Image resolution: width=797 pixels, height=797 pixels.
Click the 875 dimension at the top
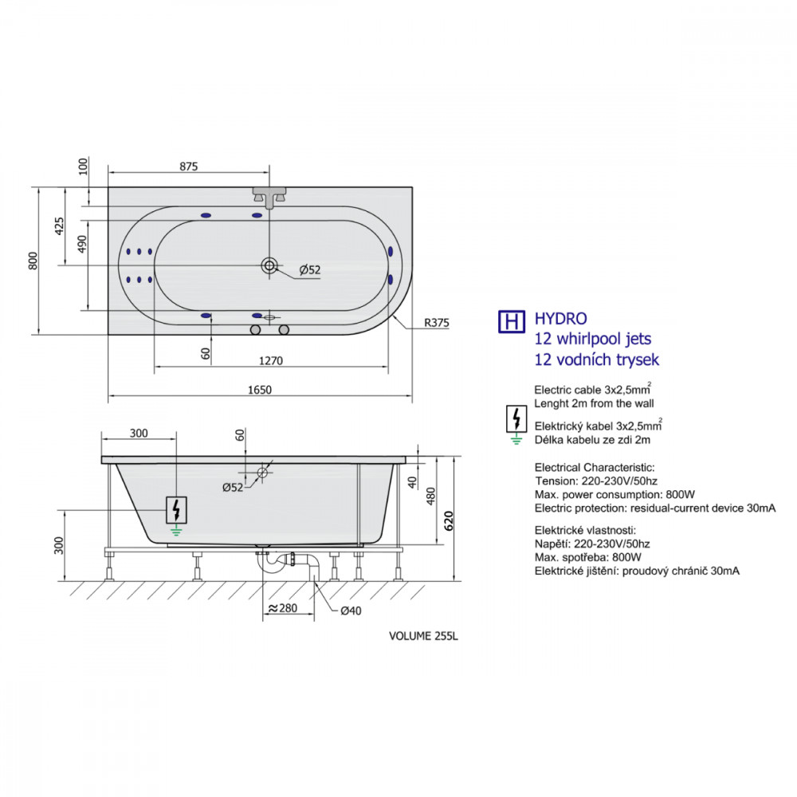tap(189, 167)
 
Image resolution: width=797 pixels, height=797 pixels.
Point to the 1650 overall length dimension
tap(260, 390)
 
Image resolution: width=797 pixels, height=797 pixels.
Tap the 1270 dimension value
tap(271, 361)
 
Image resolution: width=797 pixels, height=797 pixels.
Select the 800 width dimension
tap(33, 261)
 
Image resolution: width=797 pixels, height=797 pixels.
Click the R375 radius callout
tap(437, 323)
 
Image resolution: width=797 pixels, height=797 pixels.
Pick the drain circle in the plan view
tap(269, 265)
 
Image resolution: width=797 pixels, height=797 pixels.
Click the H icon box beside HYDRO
tap(512, 322)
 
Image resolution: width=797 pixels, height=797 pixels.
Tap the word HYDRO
tap(560, 319)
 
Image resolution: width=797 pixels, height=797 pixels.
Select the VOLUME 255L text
tap(423, 636)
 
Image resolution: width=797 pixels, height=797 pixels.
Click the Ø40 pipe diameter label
tap(351, 611)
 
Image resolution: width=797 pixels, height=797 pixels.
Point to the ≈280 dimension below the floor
tap(283, 608)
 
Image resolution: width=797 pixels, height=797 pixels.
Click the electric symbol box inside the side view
tap(176, 510)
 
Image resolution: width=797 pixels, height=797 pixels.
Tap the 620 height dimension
tap(449, 521)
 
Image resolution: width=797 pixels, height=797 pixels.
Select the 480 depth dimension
tap(431, 496)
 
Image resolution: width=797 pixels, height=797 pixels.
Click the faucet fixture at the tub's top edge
tap(269, 197)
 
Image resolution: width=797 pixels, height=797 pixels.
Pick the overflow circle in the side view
tap(262, 473)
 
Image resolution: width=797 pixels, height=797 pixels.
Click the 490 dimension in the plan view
tap(82, 244)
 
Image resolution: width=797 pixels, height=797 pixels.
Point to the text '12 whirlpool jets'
tap(593, 339)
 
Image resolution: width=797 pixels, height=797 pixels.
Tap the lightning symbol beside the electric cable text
tap(516, 419)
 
